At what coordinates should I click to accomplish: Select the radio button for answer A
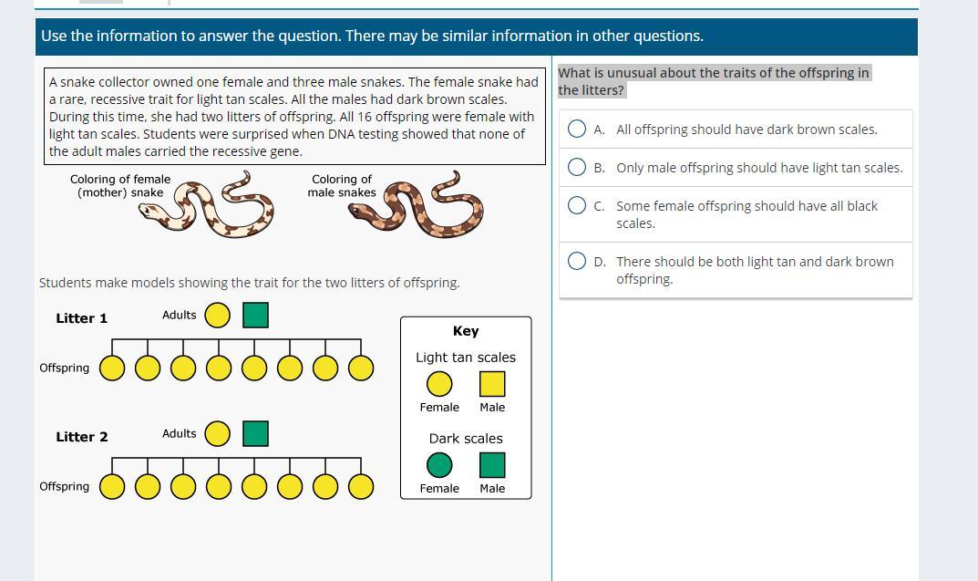(x=577, y=129)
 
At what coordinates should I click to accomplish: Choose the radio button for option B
(x=577, y=167)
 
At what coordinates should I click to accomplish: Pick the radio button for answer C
(x=577, y=205)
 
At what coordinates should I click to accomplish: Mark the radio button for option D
(x=577, y=261)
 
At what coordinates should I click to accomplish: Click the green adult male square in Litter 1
(x=256, y=316)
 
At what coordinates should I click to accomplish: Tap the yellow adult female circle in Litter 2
(x=218, y=434)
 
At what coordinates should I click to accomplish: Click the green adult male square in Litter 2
(x=256, y=434)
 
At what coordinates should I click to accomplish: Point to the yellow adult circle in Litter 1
(x=218, y=316)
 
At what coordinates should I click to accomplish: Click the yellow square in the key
(x=492, y=384)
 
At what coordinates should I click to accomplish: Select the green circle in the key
(x=439, y=465)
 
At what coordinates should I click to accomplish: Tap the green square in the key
(x=492, y=465)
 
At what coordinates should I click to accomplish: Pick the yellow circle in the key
(x=439, y=384)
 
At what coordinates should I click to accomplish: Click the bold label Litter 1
(x=82, y=318)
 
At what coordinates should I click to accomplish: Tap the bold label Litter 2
(x=82, y=437)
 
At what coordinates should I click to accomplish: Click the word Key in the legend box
(x=466, y=331)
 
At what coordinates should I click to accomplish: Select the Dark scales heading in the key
(x=466, y=439)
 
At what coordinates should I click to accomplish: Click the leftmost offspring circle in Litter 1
(x=112, y=368)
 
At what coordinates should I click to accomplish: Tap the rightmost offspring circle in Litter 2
(x=361, y=487)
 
